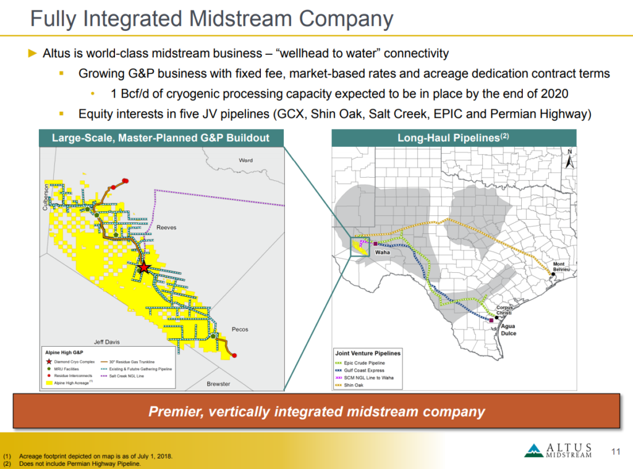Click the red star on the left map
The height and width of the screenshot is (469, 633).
(x=143, y=268)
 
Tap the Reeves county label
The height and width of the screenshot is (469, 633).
(x=166, y=228)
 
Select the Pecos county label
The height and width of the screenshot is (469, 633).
(x=240, y=330)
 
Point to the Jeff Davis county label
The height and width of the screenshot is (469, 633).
(x=107, y=341)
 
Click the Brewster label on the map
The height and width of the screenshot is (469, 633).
(x=218, y=384)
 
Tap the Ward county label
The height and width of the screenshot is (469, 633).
(x=245, y=160)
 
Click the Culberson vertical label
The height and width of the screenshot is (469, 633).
(x=45, y=197)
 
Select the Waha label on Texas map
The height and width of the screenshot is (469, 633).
(x=383, y=252)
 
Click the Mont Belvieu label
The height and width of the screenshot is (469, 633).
(x=558, y=267)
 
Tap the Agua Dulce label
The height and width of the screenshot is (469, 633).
(x=508, y=330)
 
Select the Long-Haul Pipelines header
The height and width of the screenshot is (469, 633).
(x=454, y=138)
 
